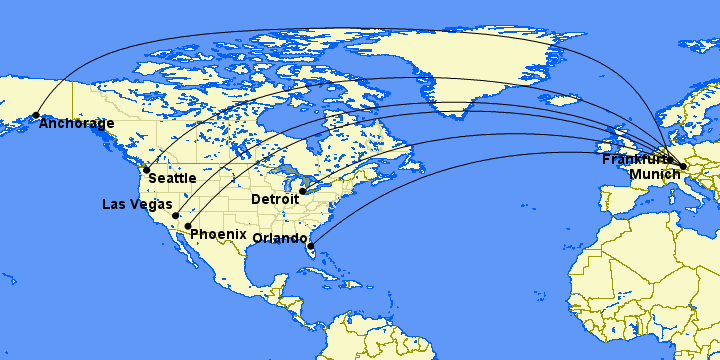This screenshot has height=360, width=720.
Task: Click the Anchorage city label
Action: pyautogui.click(x=76, y=125)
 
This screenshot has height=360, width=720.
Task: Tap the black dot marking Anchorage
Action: pyautogui.click(x=37, y=115)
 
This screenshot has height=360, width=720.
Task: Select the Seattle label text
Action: pyautogui.click(x=171, y=178)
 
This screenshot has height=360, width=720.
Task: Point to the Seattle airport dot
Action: pyautogui.click(x=146, y=169)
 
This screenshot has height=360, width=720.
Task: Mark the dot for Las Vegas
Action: pyautogui.click(x=175, y=215)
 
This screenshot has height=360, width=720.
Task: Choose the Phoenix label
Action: pyautogui.click(x=218, y=234)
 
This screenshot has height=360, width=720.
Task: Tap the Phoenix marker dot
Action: pyautogui.click(x=188, y=226)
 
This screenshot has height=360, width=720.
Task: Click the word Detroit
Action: pyautogui.click(x=275, y=200)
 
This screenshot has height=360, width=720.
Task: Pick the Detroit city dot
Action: pyautogui.click(x=302, y=191)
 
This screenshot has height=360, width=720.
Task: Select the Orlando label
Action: pyautogui.click(x=280, y=238)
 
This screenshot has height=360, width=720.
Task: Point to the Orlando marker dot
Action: pyautogui.click(x=311, y=245)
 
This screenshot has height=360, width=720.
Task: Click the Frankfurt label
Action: pyautogui.click(x=637, y=159)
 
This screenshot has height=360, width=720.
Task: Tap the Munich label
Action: pyautogui.click(x=653, y=174)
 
